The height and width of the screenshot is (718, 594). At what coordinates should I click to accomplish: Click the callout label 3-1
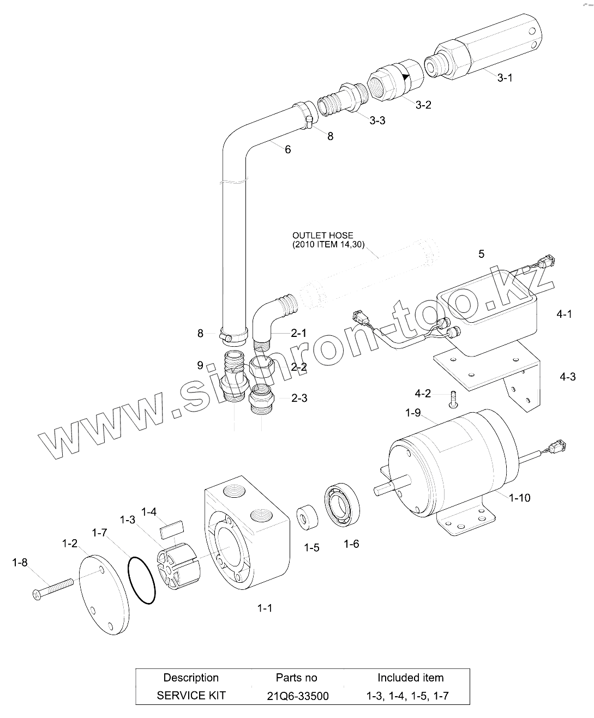pos(505,78)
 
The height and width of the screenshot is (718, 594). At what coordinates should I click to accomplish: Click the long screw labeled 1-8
pos(53,589)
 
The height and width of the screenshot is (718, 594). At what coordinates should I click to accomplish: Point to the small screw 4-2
pos(453,400)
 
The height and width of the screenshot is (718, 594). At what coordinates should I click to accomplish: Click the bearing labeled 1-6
pos(343,505)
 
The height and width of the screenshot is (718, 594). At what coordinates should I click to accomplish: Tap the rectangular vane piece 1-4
pos(172,528)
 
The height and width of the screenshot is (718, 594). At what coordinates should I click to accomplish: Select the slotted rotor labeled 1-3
pos(178,566)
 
